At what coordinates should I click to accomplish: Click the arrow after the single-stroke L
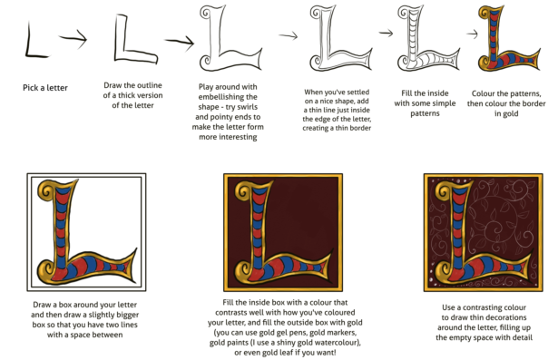point(73,38)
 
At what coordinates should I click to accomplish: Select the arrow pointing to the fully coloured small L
point(472,34)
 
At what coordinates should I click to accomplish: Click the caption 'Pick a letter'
point(45,88)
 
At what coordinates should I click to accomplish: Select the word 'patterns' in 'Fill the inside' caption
point(425,113)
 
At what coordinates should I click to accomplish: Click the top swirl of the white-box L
point(46,189)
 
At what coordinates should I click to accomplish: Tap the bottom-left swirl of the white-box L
point(46,271)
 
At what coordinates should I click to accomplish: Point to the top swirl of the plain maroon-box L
point(244,190)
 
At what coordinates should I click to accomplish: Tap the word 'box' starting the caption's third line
point(39,325)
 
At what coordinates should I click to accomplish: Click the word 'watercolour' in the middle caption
point(335,343)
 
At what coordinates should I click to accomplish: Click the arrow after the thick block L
point(180,42)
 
